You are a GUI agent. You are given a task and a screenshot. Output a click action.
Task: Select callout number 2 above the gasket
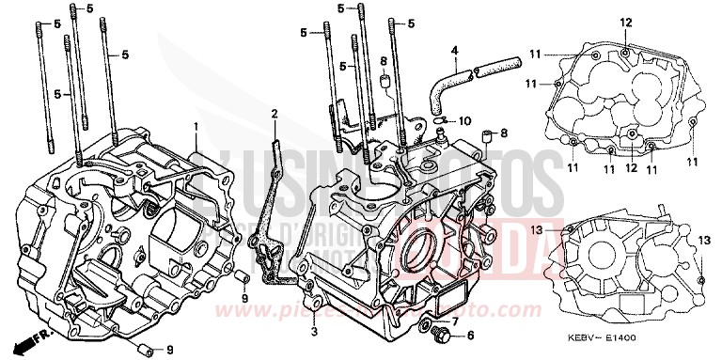[274, 114]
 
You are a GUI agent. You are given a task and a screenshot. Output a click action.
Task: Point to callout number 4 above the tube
[453, 50]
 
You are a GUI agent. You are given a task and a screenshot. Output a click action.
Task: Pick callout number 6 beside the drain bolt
[470, 334]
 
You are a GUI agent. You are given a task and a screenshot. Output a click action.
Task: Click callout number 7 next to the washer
[455, 321]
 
